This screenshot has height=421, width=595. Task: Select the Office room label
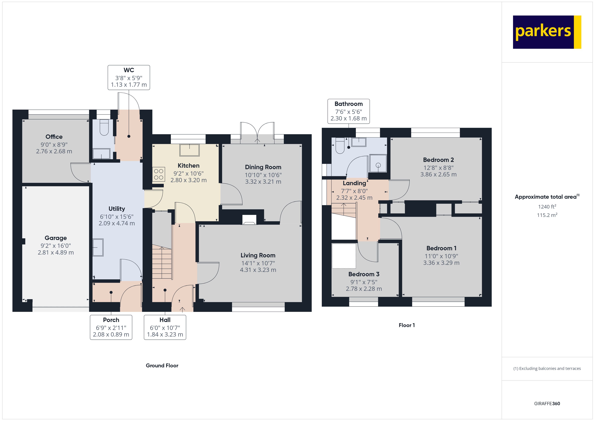(54, 137)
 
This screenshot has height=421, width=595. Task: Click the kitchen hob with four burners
(158, 174)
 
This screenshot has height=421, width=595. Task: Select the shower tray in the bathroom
(378, 163)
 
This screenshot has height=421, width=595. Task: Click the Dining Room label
(263, 167)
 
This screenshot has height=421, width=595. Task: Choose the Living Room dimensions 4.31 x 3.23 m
(258, 270)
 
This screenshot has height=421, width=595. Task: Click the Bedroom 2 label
(438, 160)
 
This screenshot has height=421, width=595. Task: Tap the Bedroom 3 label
(364, 274)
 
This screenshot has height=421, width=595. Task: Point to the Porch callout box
(111, 327)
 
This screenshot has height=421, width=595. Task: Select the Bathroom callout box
(349, 111)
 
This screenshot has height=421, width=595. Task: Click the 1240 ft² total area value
(547, 207)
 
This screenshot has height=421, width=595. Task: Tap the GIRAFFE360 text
(547, 404)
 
